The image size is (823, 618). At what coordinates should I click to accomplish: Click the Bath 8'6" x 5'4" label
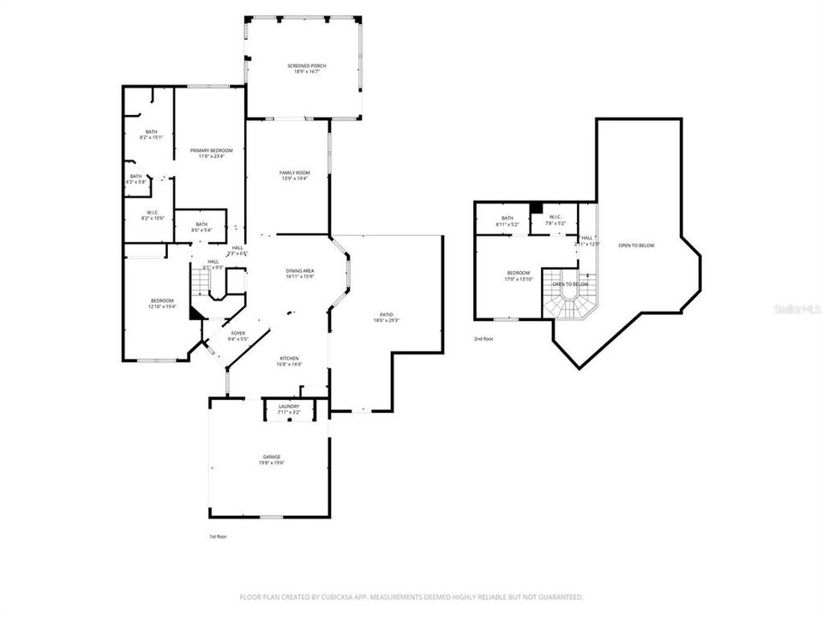[199, 227]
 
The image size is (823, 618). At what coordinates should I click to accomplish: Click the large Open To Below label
[637, 246]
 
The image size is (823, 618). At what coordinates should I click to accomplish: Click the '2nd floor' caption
[484, 339]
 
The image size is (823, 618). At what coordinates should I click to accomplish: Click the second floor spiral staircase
[569, 303]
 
